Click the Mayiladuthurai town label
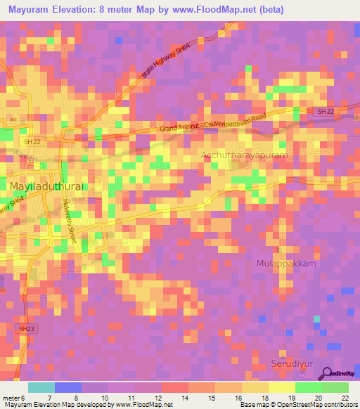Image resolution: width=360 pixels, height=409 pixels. [x=48, y=186]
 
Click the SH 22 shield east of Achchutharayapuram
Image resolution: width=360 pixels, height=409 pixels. [x=323, y=111]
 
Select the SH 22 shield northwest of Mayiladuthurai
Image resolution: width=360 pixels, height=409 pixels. [x=21, y=143]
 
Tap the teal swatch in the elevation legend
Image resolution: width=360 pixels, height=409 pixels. [x=41, y=387]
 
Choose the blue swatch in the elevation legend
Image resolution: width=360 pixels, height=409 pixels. [x=67, y=387]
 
